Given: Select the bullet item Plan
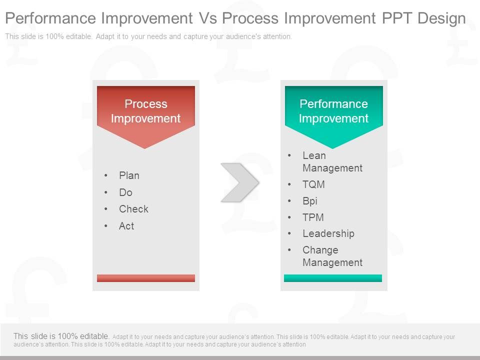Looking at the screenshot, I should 129,175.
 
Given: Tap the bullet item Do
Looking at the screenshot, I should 125,192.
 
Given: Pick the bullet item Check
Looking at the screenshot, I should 133,209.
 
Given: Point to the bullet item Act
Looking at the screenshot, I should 126,226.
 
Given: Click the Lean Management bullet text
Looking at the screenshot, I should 332,161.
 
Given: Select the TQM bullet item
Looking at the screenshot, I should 313,184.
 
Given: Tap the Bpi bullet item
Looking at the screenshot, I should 310,201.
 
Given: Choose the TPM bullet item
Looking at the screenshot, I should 313,217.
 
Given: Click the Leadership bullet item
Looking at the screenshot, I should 328,233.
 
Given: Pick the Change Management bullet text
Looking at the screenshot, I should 332,256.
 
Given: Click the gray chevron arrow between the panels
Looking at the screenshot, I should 240,182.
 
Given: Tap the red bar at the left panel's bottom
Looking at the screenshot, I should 145,278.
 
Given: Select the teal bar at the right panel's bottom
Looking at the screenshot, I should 333,278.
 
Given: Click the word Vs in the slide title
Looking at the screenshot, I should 208,18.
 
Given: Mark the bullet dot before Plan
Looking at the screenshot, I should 106,175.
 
